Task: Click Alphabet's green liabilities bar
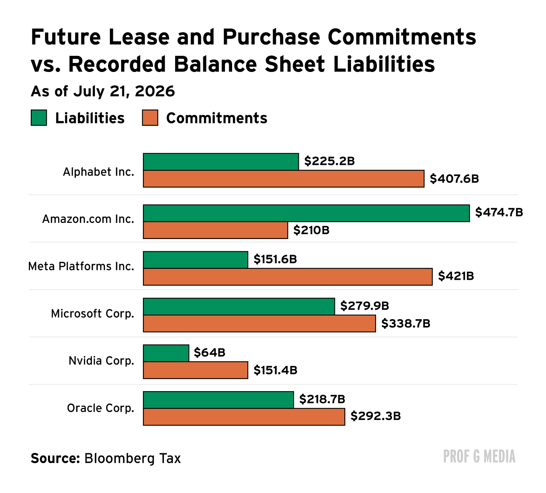tap(221, 162)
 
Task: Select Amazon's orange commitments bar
tap(215, 230)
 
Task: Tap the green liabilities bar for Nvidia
tap(166, 353)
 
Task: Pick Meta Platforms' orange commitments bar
tap(288, 277)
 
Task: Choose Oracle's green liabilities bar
tap(219, 400)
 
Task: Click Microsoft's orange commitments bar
tap(259, 324)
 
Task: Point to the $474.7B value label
tap(499, 212)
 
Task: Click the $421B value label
tap(456, 276)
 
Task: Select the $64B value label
tap(210, 353)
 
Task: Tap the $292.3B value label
tap(376, 416)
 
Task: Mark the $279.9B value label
tap(365, 306)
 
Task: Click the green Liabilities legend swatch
tap(39, 118)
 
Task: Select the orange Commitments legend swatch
tap(150, 118)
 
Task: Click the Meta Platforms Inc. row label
tap(81, 266)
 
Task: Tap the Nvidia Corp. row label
tap(101, 361)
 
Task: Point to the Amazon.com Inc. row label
tap(88, 219)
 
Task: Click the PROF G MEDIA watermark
tap(479, 457)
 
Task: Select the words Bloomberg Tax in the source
tap(132, 459)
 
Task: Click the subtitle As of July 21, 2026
tap(103, 92)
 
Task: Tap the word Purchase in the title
tap(271, 37)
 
